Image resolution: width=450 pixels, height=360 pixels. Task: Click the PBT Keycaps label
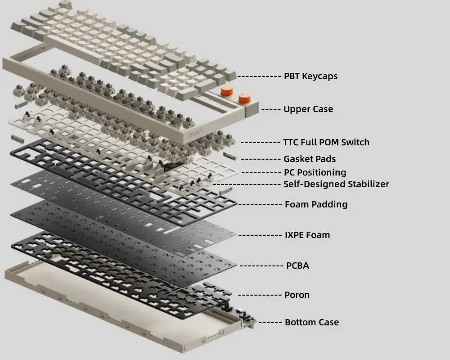tap(310, 76)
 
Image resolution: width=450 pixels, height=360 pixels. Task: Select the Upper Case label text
tap(308, 109)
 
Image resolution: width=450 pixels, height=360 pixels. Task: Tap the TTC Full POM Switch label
tap(326, 142)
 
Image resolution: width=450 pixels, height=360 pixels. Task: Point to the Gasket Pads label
tap(310, 159)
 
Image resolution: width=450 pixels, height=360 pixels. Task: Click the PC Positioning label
tap(315, 172)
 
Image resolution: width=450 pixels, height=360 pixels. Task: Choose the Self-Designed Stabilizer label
tap(336, 184)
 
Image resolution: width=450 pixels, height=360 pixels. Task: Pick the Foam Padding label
tap(316, 204)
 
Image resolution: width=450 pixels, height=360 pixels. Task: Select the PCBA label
tap(297, 265)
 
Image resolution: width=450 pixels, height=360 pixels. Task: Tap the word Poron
tap(297, 295)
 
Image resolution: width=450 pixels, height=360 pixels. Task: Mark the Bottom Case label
tap(312, 322)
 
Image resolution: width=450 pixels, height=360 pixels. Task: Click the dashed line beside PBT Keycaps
tap(259, 76)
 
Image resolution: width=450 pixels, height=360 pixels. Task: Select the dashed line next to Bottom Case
tap(270, 322)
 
